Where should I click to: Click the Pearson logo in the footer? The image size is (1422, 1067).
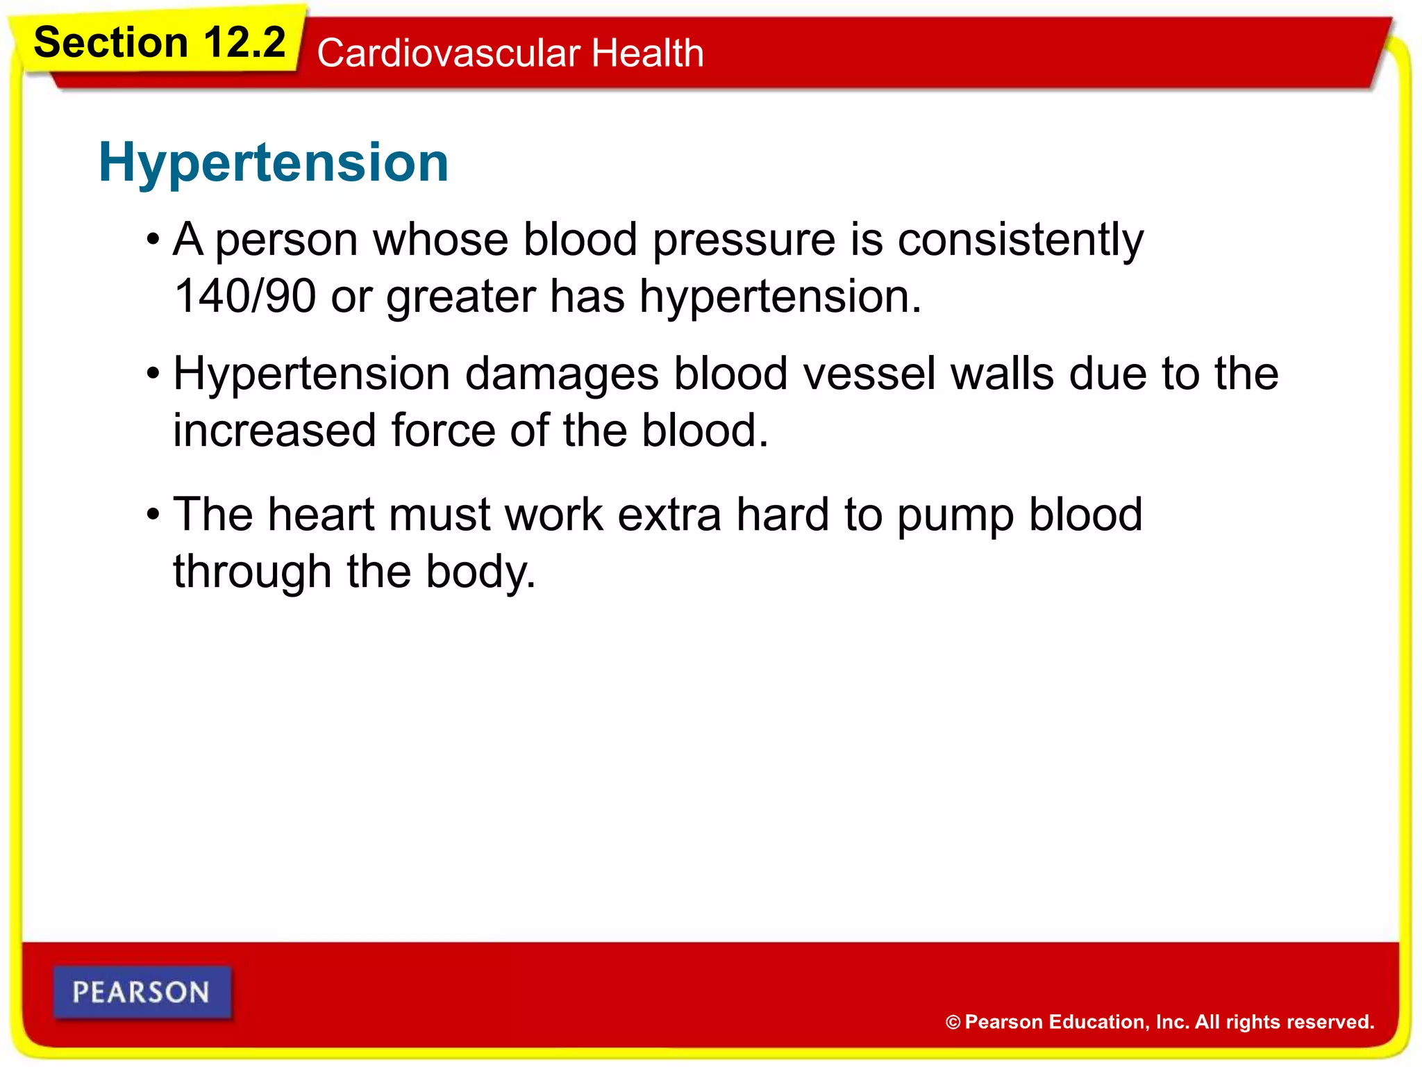coord(142,992)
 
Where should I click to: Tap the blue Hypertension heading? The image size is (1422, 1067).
coord(274,163)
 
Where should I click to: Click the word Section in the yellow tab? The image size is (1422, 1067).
coord(111,43)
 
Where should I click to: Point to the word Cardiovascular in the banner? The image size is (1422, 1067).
coord(449,53)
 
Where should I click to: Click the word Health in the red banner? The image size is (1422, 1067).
coord(647,53)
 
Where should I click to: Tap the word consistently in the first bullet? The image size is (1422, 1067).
coord(1020,240)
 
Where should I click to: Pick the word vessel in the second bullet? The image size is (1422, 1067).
coord(868,374)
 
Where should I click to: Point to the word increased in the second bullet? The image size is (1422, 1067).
coord(274,431)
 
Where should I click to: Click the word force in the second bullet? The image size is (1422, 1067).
coord(442,431)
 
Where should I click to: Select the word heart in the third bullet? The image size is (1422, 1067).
coord(321,515)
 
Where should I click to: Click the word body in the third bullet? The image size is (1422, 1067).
coord(479,573)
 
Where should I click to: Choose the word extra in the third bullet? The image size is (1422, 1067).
coord(669,515)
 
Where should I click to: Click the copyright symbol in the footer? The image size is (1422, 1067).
coord(953,1023)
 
